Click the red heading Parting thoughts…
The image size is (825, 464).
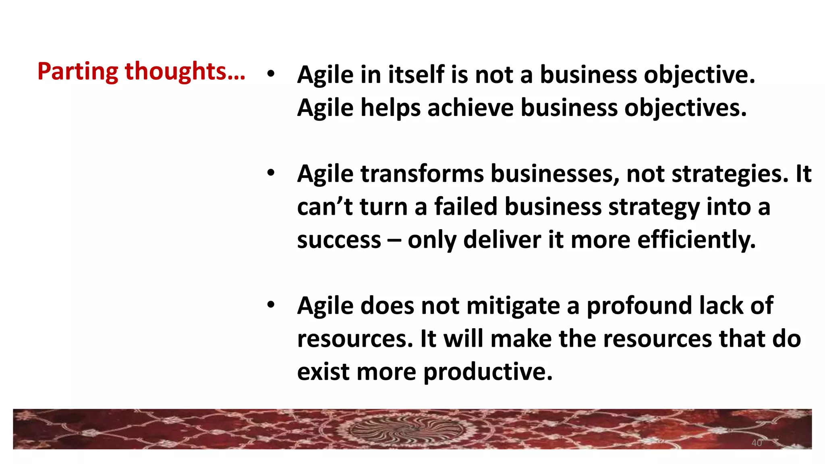[141, 72]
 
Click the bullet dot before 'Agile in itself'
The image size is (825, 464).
[271, 74]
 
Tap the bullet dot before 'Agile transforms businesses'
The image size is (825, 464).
[271, 173]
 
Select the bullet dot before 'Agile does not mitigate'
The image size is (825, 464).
[271, 304]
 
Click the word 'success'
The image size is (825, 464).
[339, 240]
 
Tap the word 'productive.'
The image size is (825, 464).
[488, 372]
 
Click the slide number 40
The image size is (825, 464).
[757, 443]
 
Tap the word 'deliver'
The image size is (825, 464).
[502, 240]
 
